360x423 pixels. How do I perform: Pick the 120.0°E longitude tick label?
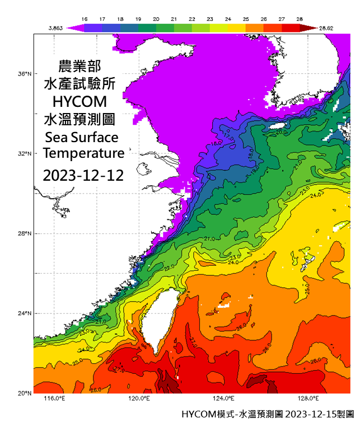coord(139,399)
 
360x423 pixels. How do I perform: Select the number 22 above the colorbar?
coord(192,18)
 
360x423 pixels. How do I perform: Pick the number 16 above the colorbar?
coord(85,18)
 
